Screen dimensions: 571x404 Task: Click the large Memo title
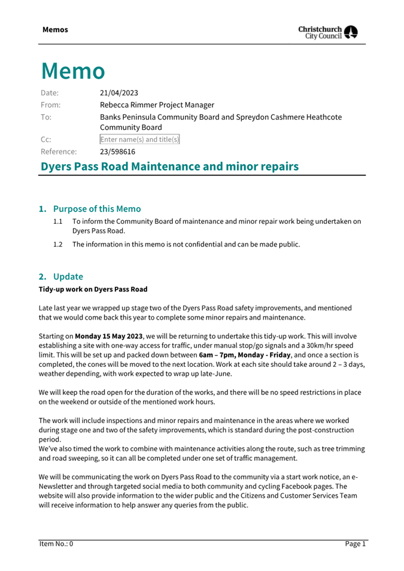[x=73, y=71]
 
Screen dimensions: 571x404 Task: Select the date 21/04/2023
[x=119, y=93]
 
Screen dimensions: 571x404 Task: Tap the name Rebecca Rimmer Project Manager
[x=157, y=105]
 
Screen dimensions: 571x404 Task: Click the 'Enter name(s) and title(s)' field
[x=139, y=139]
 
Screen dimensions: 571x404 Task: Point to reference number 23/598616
[x=117, y=151]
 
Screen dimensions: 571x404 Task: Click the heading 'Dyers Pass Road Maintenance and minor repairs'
[x=169, y=166]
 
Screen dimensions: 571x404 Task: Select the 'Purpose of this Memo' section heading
[x=97, y=209]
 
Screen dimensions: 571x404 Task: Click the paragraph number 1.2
[x=57, y=244]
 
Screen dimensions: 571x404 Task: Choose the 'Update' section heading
[x=68, y=277]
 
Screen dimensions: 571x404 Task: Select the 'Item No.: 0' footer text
[x=56, y=544]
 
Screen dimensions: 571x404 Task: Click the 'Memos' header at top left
[x=55, y=30]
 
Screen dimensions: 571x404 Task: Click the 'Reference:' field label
[x=59, y=151]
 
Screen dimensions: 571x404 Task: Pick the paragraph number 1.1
[x=57, y=221]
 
